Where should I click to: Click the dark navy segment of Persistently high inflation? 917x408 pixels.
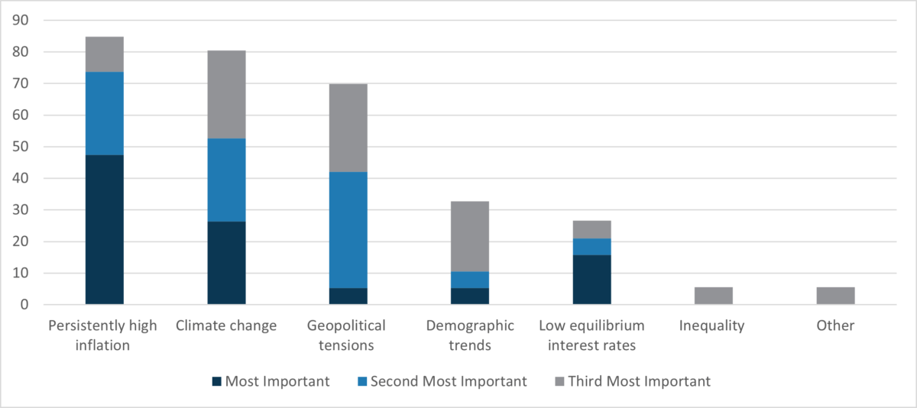click(104, 229)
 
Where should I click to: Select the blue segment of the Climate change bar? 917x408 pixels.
click(226, 180)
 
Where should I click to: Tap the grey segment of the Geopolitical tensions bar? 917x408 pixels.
click(348, 128)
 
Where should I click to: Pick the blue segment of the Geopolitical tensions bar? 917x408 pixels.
click(348, 229)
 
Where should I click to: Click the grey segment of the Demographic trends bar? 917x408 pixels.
click(470, 236)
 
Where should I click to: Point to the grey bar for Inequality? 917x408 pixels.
click(714, 296)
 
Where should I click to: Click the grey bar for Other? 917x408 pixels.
click(835, 296)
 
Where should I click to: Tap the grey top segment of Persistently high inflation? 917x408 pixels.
click(104, 54)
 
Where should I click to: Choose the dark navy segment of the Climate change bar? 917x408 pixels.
click(226, 263)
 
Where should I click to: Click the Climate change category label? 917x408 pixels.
click(226, 326)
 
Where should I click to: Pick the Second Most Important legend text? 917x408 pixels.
click(449, 381)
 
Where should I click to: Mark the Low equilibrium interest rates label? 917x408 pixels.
click(591, 335)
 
